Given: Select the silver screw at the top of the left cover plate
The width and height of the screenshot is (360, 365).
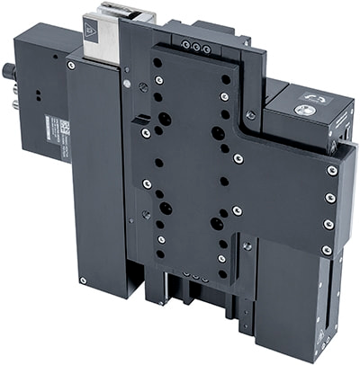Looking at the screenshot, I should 70,65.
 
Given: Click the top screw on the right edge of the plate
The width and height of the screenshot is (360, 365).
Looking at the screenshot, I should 333,169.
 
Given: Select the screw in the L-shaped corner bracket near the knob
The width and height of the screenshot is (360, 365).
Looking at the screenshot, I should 250,114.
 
